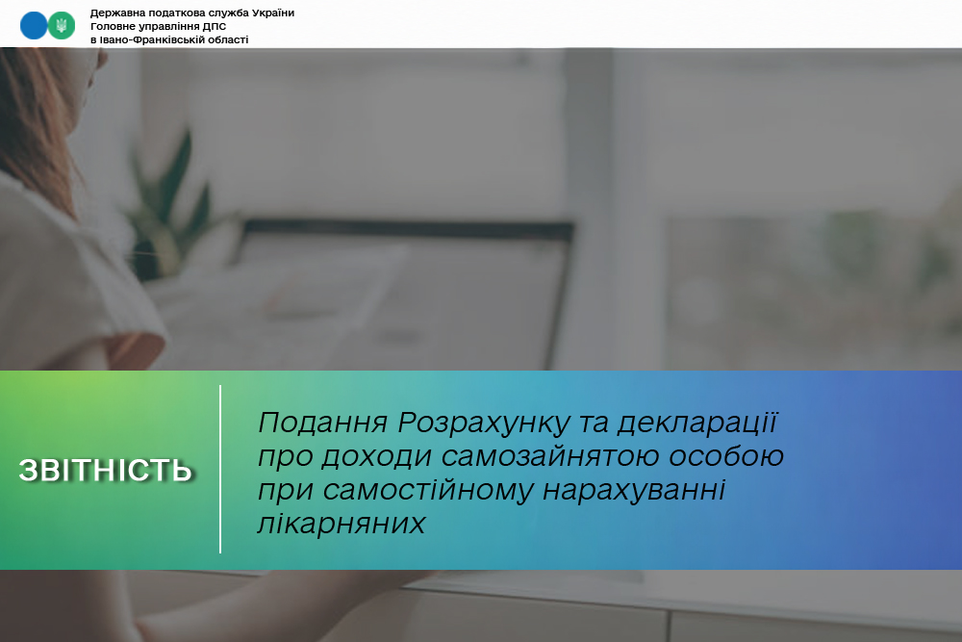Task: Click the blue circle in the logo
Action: [34, 26]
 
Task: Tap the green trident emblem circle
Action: [62, 26]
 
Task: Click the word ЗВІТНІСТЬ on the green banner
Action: [106, 470]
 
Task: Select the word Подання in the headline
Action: [323, 423]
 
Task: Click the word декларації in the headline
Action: [697, 424]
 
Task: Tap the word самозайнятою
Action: [549, 456]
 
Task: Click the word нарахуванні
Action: [634, 490]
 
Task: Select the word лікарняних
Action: [342, 524]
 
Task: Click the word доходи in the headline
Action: [376, 457]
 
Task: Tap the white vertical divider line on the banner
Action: [220, 470]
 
